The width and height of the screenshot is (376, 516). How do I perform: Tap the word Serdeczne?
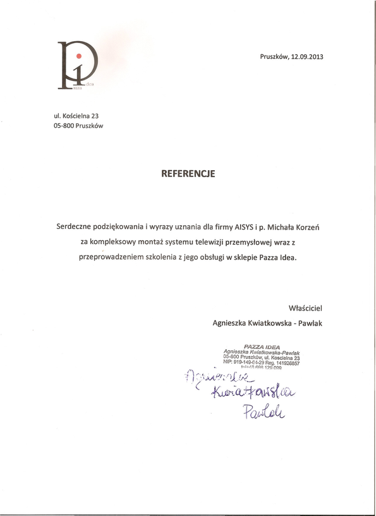coord(78,226)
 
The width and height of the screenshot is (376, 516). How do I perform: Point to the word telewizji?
coord(214,242)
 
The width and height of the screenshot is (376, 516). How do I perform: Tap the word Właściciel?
coord(305,308)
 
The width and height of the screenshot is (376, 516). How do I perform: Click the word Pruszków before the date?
coord(274,56)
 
